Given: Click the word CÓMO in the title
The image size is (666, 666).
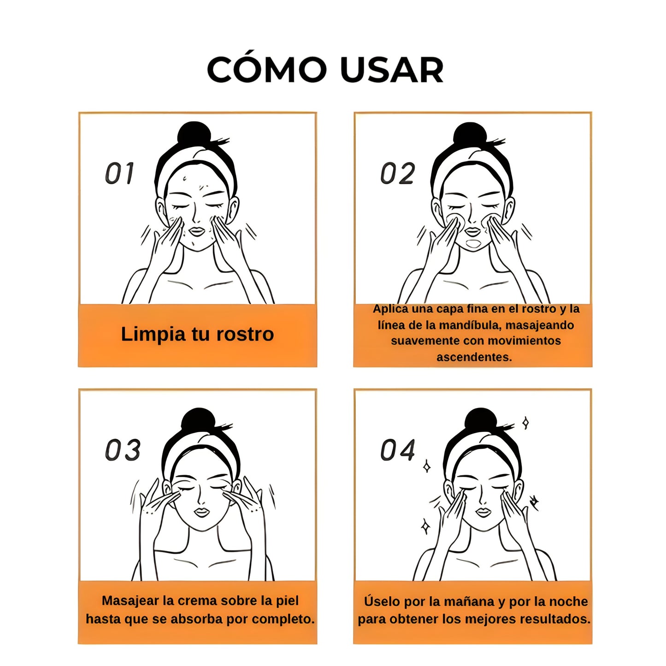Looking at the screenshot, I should click(266, 70).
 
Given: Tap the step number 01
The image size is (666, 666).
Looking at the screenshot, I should click(119, 173).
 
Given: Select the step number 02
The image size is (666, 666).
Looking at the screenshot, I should click(397, 173).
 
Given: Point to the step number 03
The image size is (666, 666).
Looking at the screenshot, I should click(123, 450).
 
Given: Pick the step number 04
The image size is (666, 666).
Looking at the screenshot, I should click(398, 450).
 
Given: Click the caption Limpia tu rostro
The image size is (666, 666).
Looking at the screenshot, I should click(197, 334).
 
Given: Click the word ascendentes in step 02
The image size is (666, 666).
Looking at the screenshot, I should click(474, 357).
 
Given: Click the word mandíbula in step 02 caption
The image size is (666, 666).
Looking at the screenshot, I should click(470, 325).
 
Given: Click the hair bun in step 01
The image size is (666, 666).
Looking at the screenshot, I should click(194, 134).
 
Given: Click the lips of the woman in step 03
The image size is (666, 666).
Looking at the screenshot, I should click(201, 512).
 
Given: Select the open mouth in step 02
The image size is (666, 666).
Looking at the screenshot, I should click(473, 243).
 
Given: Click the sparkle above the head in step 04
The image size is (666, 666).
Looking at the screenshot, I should click(525, 423).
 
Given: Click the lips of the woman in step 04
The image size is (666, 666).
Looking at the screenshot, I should click(483, 512).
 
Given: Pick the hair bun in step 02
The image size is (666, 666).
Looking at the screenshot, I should click(470, 134).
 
